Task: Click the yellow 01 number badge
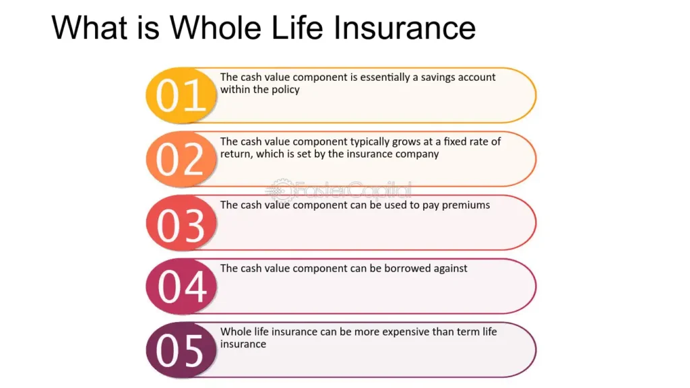181,95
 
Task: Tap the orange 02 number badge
181,159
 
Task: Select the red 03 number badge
181,222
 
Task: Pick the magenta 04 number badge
181,286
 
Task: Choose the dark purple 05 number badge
181,350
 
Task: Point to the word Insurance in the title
404,28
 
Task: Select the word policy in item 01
286,90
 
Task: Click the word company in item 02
417,154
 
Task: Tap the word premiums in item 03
466,205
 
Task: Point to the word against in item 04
451,269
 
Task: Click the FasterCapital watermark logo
339,191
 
